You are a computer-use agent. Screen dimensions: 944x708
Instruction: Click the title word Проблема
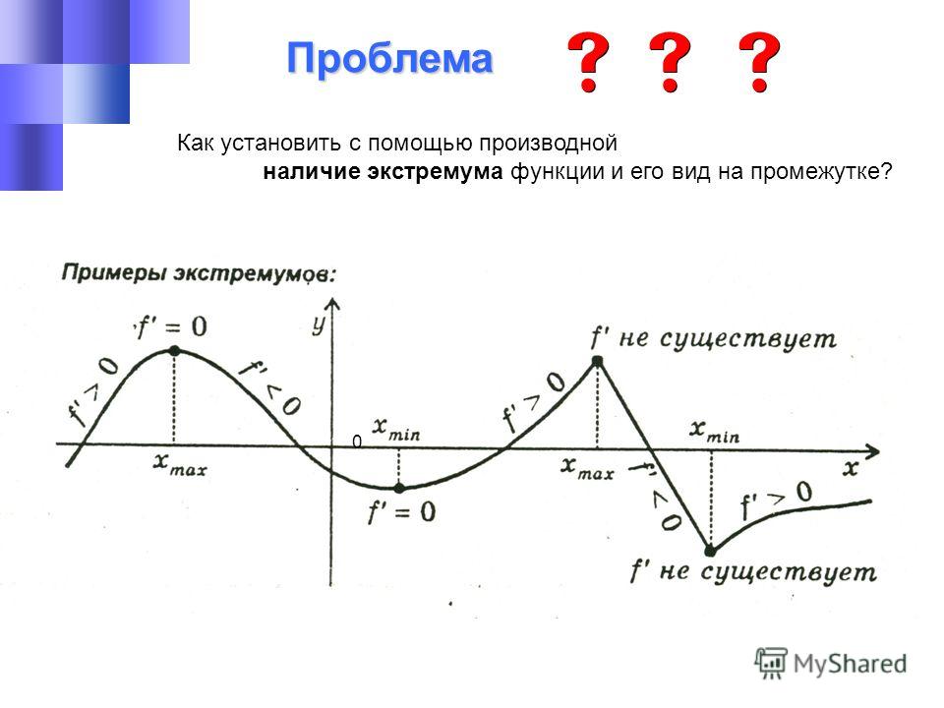click(389, 59)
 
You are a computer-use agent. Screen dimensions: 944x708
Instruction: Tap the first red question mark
click(588, 62)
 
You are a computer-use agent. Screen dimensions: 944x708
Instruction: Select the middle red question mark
click(670, 62)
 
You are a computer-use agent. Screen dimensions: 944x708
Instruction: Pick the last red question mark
click(759, 62)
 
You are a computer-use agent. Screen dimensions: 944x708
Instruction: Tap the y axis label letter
click(319, 325)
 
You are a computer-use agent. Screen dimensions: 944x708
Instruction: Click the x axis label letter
click(850, 468)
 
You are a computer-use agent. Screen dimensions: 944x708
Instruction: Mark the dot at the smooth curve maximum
click(175, 350)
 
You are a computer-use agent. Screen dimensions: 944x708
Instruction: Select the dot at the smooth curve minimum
click(399, 489)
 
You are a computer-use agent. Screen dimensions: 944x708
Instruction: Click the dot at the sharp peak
click(597, 361)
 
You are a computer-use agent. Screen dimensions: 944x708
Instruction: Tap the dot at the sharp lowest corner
click(710, 551)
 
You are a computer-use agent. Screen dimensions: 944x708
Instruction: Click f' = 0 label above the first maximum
click(171, 326)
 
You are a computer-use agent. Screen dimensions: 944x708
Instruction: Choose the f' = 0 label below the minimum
click(401, 512)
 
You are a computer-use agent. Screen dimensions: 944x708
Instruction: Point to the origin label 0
click(357, 442)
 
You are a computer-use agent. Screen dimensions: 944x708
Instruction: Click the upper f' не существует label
click(714, 338)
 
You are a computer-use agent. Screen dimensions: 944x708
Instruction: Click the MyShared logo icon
click(771, 664)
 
